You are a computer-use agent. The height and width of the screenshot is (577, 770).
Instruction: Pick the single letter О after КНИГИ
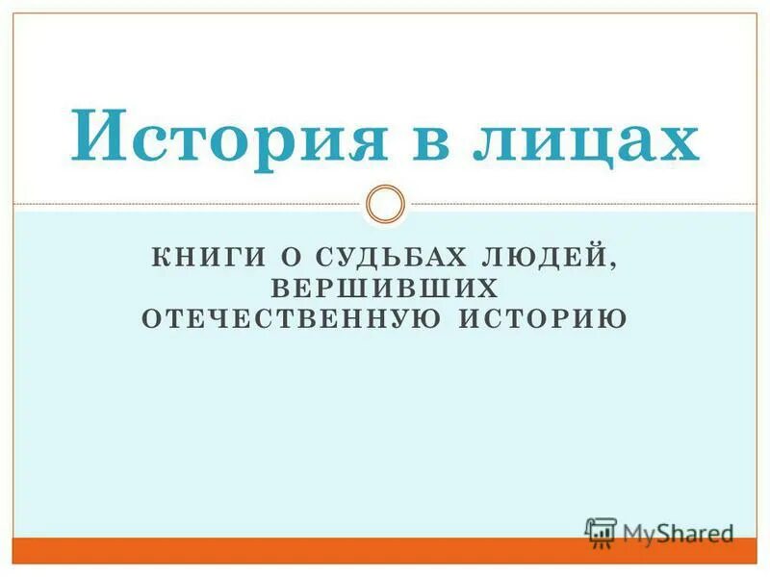286,259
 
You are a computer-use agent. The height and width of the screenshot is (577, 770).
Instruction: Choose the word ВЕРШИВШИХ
385,288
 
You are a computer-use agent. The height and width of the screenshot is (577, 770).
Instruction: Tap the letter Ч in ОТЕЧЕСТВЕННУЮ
206,317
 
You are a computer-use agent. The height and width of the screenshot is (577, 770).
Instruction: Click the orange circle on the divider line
386,204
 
